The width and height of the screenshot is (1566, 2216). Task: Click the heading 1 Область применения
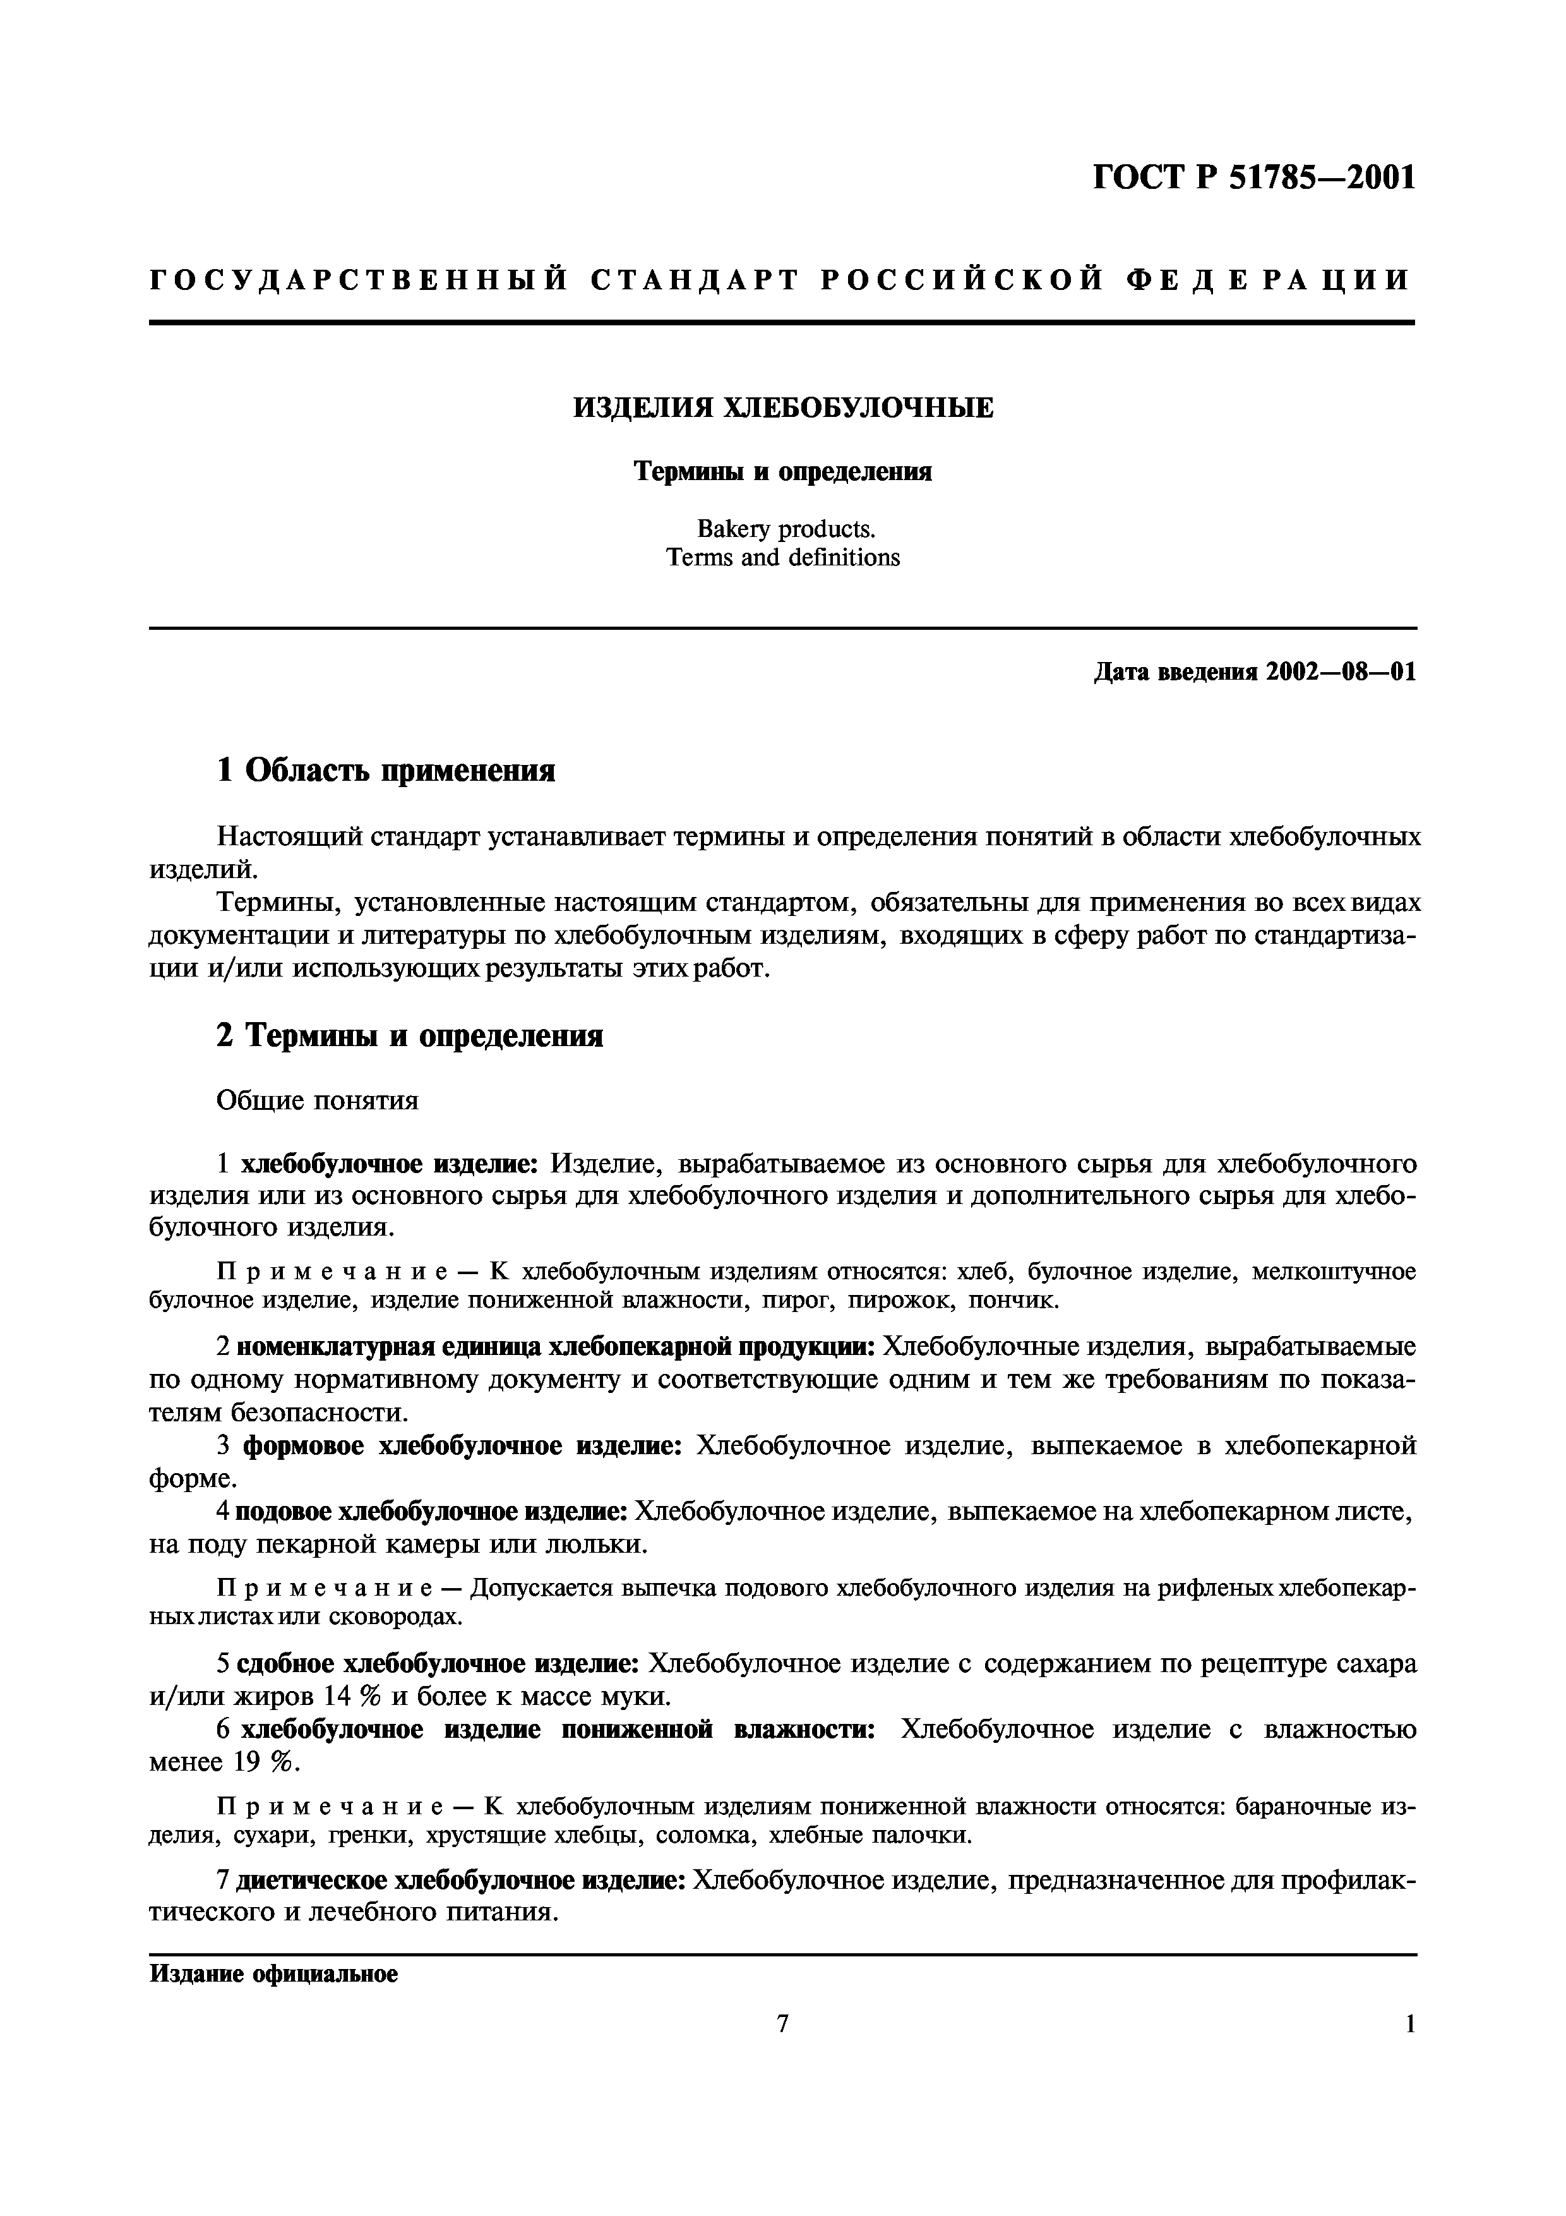tap(386, 770)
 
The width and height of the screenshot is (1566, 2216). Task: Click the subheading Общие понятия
tap(318, 1101)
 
